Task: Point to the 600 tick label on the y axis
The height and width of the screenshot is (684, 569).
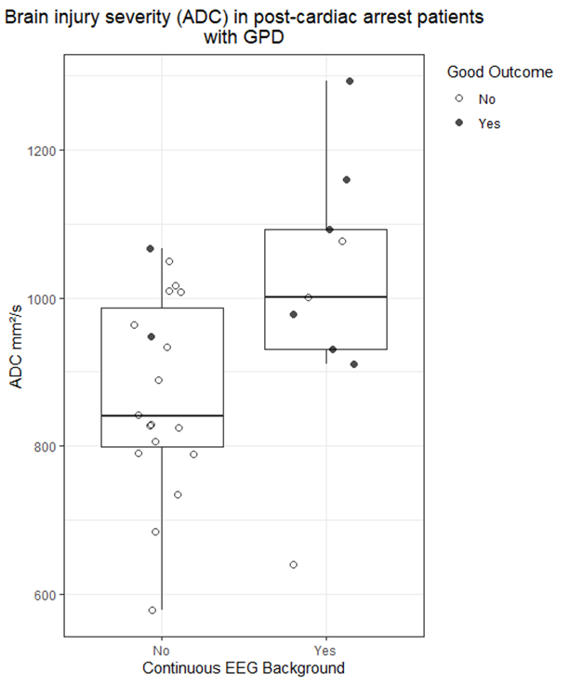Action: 44,595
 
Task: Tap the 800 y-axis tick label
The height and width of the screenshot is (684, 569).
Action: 44,446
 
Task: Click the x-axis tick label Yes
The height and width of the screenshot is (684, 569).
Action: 325,650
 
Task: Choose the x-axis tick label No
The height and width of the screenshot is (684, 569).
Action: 162,650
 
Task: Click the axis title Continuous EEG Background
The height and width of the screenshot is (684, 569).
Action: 244,667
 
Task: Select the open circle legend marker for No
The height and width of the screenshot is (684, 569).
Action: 458,99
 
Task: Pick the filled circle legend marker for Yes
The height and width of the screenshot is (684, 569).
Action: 458,123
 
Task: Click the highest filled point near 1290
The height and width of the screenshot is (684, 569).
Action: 350,81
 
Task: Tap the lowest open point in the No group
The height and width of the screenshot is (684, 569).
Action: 152,611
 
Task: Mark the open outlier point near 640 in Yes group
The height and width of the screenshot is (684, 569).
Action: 294,565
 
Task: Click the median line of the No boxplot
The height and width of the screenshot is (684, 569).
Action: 162,415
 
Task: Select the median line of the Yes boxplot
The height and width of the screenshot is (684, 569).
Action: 325,296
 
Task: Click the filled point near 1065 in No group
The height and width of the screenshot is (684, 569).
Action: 150,248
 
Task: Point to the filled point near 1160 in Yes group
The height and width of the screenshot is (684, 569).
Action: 347,179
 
